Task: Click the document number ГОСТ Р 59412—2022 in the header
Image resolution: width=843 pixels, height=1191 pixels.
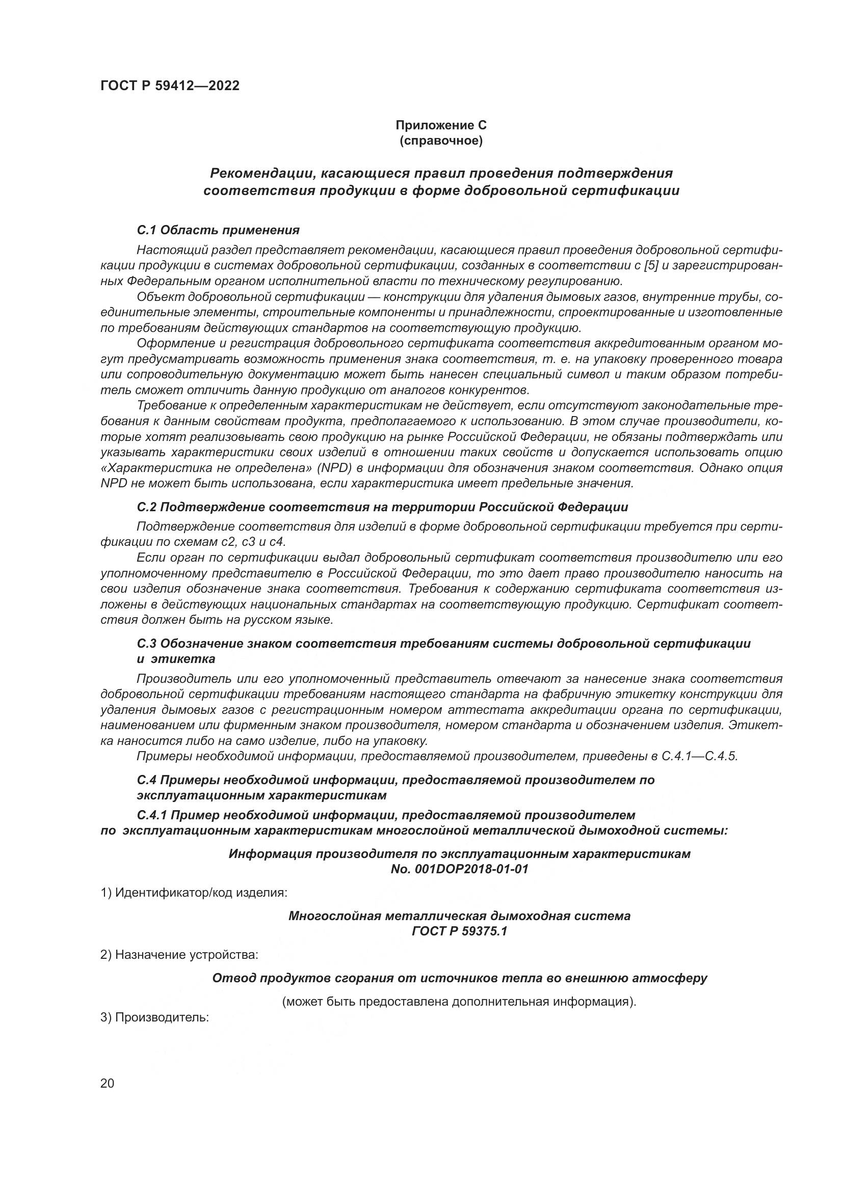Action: pyautogui.click(x=170, y=86)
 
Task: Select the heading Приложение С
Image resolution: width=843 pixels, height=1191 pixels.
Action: pyautogui.click(x=441, y=125)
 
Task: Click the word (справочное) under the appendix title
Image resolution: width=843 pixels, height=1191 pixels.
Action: pyautogui.click(x=441, y=141)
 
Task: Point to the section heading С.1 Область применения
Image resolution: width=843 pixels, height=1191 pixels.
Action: pyautogui.click(x=219, y=230)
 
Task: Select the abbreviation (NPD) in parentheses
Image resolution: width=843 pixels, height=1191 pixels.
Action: pyautogui.click(x=336, y=468)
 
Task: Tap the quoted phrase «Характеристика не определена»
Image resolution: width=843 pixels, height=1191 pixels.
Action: pyautogui.click(x=206, y=468)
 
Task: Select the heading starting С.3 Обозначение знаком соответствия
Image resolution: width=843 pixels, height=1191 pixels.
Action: pyautogui.click(x=444, y=644)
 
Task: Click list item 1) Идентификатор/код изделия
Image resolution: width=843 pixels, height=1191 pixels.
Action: pyautogui.click(x=194, y=893)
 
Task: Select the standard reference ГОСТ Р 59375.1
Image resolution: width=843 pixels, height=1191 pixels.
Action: pyautogui.click(x=459, y=931)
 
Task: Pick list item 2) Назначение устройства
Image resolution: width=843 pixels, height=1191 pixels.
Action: pyautogui.click(x=179, y=955)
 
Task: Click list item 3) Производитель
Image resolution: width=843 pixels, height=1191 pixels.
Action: pyautogui.click(x=154, y=1017)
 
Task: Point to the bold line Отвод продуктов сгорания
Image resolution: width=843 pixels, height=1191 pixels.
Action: pyautogui.click(x=459, y=978)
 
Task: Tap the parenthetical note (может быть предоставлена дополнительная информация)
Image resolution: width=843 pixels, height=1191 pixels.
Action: pyautogui.click(x=459, y=1002)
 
